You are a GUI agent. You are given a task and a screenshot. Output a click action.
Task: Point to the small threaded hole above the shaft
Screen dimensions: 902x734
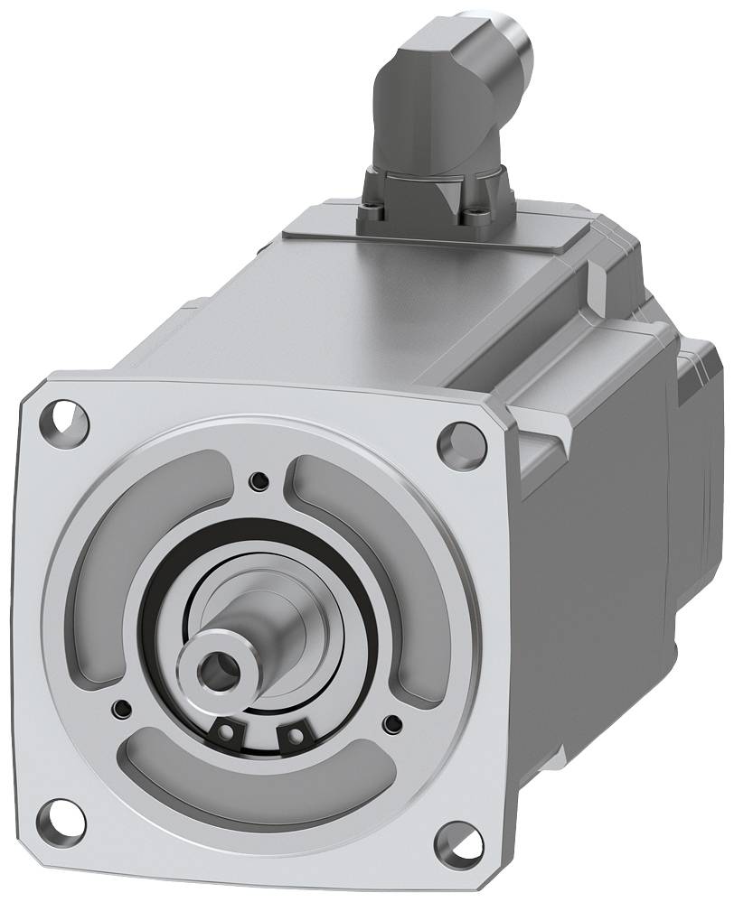[x=260, y=479]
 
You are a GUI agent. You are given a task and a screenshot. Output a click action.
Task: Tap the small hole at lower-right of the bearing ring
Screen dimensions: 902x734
[x=392, y=722]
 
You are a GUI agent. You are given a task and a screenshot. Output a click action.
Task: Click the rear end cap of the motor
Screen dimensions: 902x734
[x=701, y=470]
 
